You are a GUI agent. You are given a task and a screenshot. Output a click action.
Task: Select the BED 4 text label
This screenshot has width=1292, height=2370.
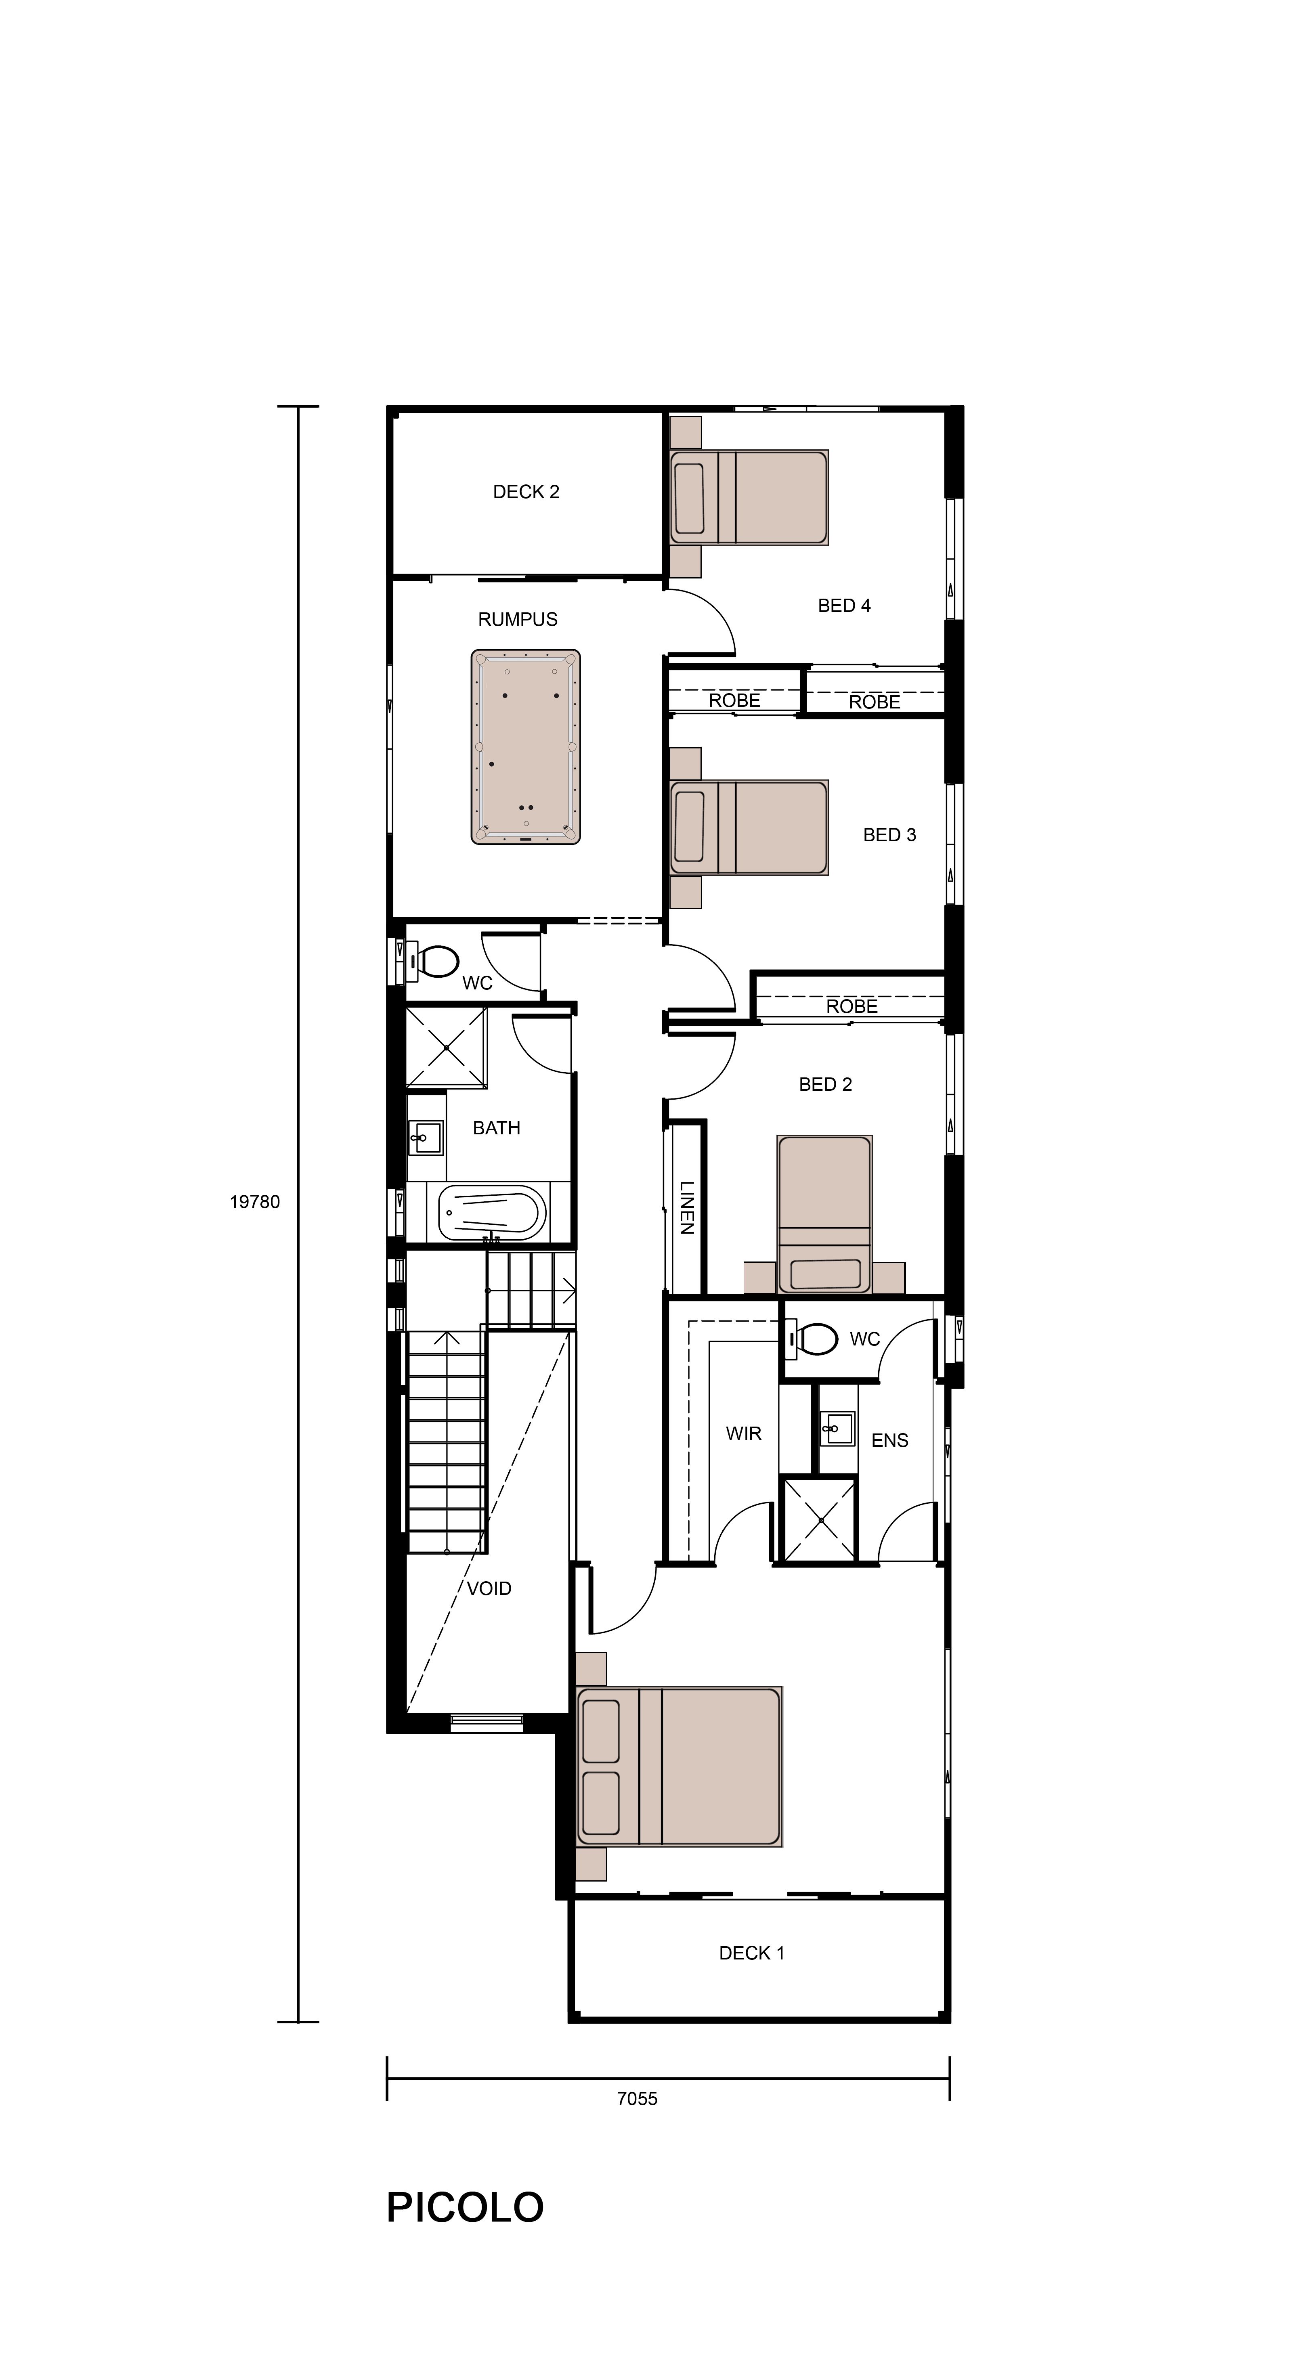[844, 606]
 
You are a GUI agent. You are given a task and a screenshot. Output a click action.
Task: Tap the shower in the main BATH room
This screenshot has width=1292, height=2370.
[446, 1047]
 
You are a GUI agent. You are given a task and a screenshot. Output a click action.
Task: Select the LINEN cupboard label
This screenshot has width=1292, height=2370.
[686, 1208]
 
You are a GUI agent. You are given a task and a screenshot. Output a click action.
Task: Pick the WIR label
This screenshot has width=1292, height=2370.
[742, 1433]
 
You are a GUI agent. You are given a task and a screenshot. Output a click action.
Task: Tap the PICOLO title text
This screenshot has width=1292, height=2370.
[465, 2207]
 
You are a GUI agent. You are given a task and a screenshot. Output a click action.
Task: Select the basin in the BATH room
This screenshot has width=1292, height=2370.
[425, 1137]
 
